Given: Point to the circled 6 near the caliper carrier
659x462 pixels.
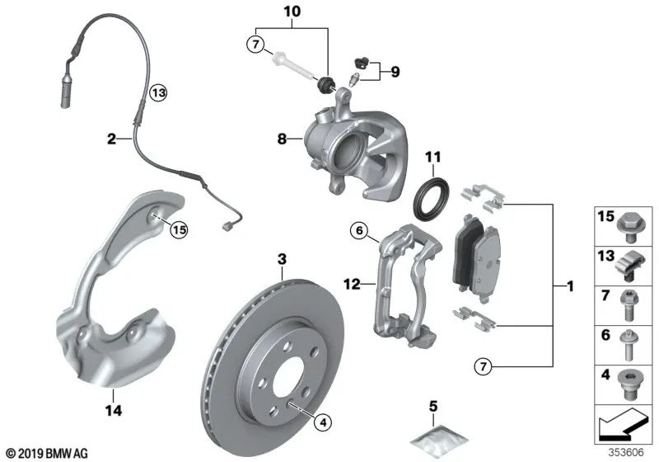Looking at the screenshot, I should point(358,232).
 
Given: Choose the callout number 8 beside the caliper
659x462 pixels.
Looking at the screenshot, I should point(283,140).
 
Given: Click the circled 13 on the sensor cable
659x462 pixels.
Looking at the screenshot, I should point(157,93).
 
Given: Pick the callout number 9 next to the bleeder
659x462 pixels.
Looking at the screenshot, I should point(395,73).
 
